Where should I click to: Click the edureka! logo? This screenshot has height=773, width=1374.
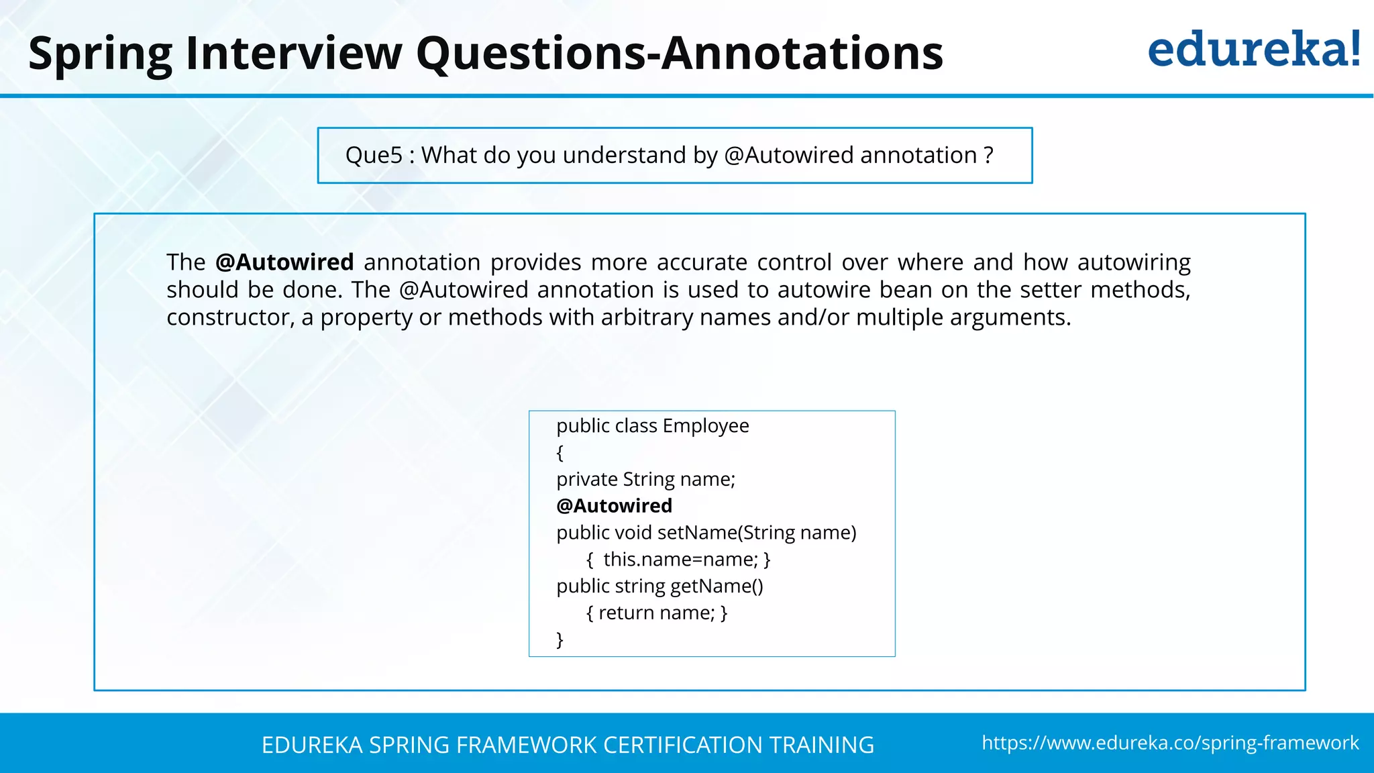(1253, 50)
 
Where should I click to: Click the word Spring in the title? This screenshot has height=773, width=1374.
(101, 54)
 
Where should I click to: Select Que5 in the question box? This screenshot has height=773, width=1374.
(374, 156)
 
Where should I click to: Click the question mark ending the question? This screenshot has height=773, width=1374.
(988, 156)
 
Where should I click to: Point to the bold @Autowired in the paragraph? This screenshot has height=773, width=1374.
(284, 262)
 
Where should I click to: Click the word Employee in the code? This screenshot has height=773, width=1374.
(706, 426)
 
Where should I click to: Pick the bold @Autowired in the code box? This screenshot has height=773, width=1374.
(614, 506)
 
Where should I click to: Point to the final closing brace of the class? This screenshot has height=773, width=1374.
(560, 639)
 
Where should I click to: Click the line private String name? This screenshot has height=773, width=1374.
(645, 480)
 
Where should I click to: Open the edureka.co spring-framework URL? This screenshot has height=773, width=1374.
(1170, 743)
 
